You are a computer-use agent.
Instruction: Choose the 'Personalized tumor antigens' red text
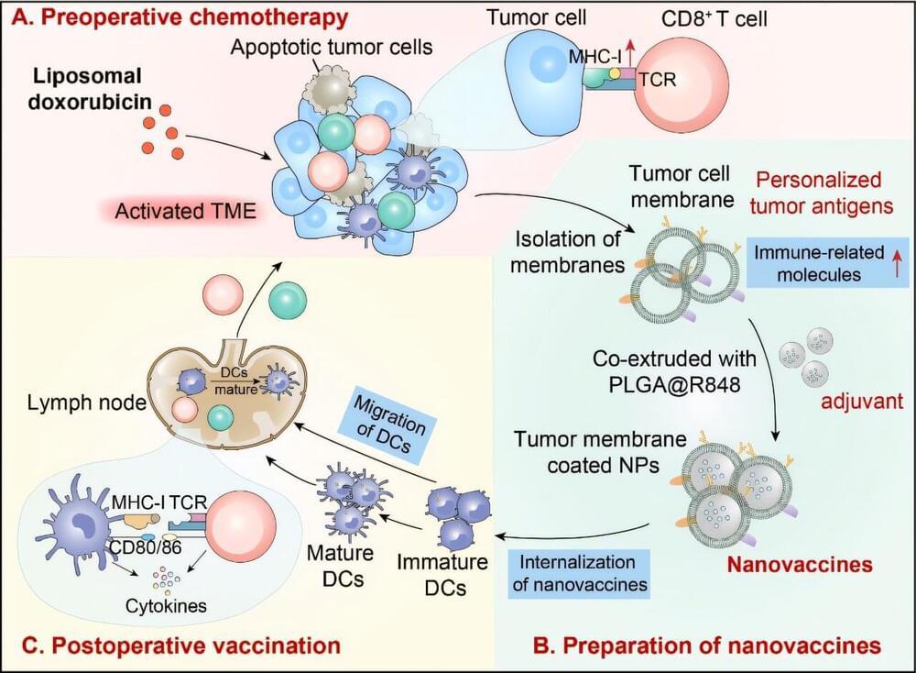820,193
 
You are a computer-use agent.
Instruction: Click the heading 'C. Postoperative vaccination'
174,645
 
